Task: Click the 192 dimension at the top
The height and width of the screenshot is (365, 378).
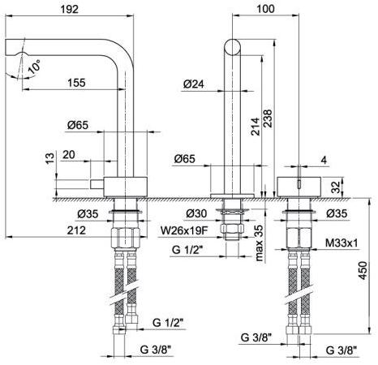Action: pos(70,10)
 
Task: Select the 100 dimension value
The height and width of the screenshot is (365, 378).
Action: pos(265,9)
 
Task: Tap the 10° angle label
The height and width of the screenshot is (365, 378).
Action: pos(34,67)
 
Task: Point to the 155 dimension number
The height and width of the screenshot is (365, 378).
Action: pos(76,83)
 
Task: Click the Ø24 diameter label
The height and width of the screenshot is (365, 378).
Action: pos(194,84)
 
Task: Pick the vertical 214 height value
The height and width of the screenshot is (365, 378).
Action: pos(256,127)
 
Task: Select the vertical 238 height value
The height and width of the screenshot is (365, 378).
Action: pos(268,118)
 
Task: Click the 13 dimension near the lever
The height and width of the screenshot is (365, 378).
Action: pos(50,158)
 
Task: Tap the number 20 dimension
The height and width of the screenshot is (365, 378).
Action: pos(69,155)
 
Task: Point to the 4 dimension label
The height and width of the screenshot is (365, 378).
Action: pos(324,161)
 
